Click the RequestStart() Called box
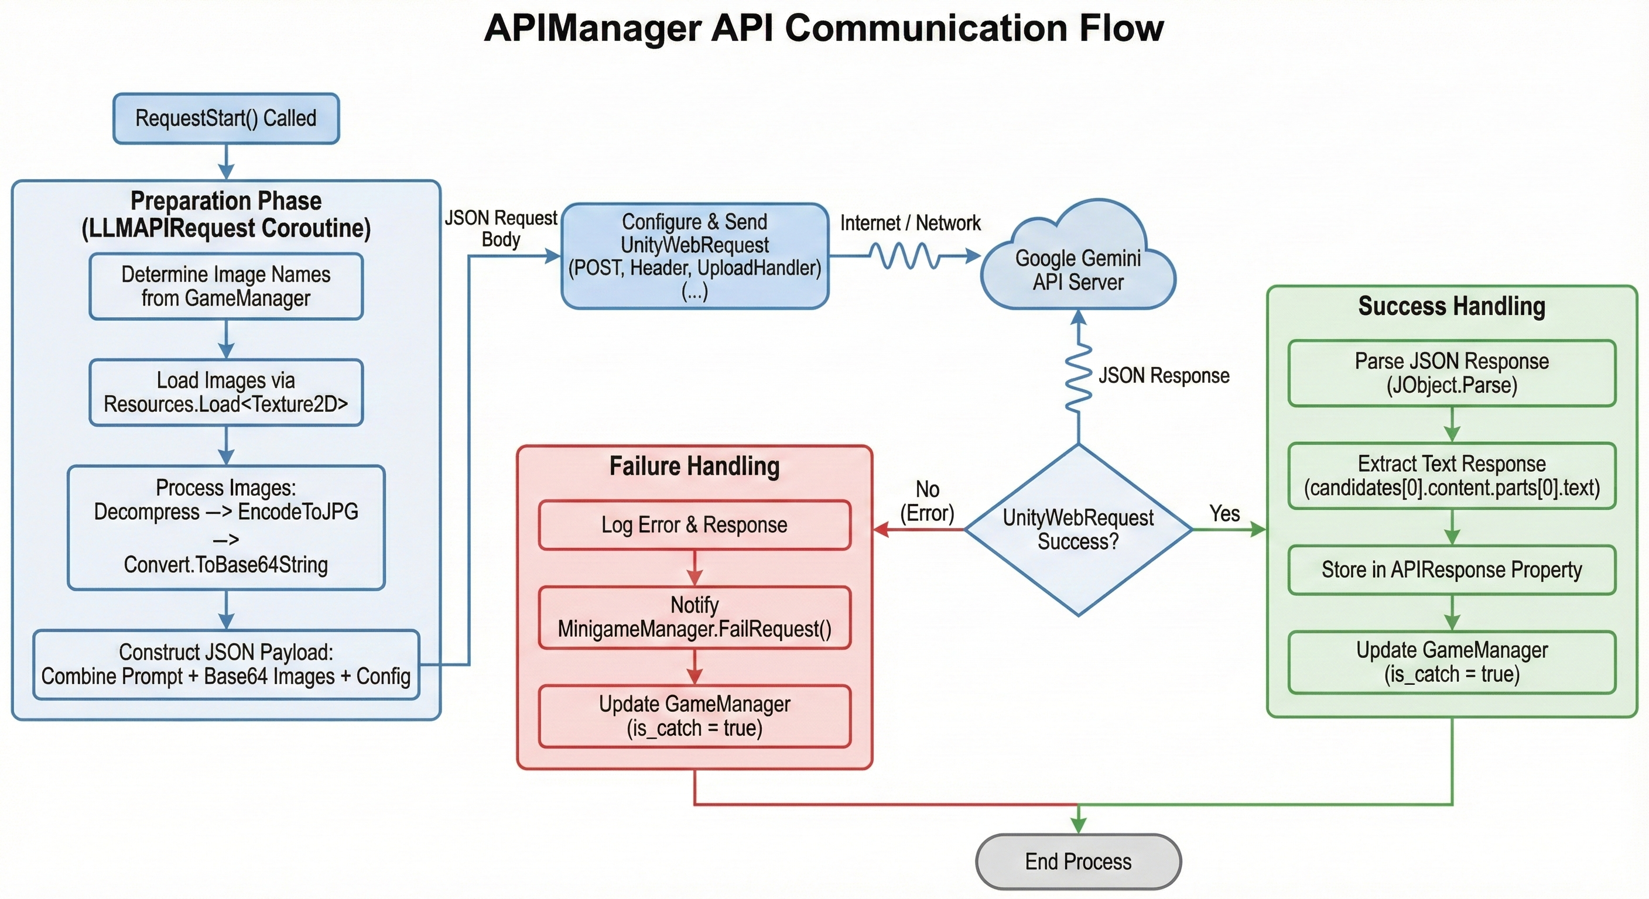coord(226,118)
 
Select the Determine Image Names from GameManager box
coord(226,286)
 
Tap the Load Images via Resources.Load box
coord(226,392)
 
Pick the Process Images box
coord(226,527)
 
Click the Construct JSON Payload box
coord(226,664)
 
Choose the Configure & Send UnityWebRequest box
coord(695,256)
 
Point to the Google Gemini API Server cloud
coord(1078,269)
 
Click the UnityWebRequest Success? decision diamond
coord(1078,530)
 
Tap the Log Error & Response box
coord(695,524)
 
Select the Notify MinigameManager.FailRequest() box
coord(695,617)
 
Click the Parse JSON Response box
coord(1451,373)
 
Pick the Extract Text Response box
coord(1451,475)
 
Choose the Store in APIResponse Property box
coord(1451,569)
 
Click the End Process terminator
coord(1078,861)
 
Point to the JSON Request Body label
coord(501,228)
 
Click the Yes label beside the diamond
coord(1224,513)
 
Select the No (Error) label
coord(927,501)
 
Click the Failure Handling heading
coord(695,466)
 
